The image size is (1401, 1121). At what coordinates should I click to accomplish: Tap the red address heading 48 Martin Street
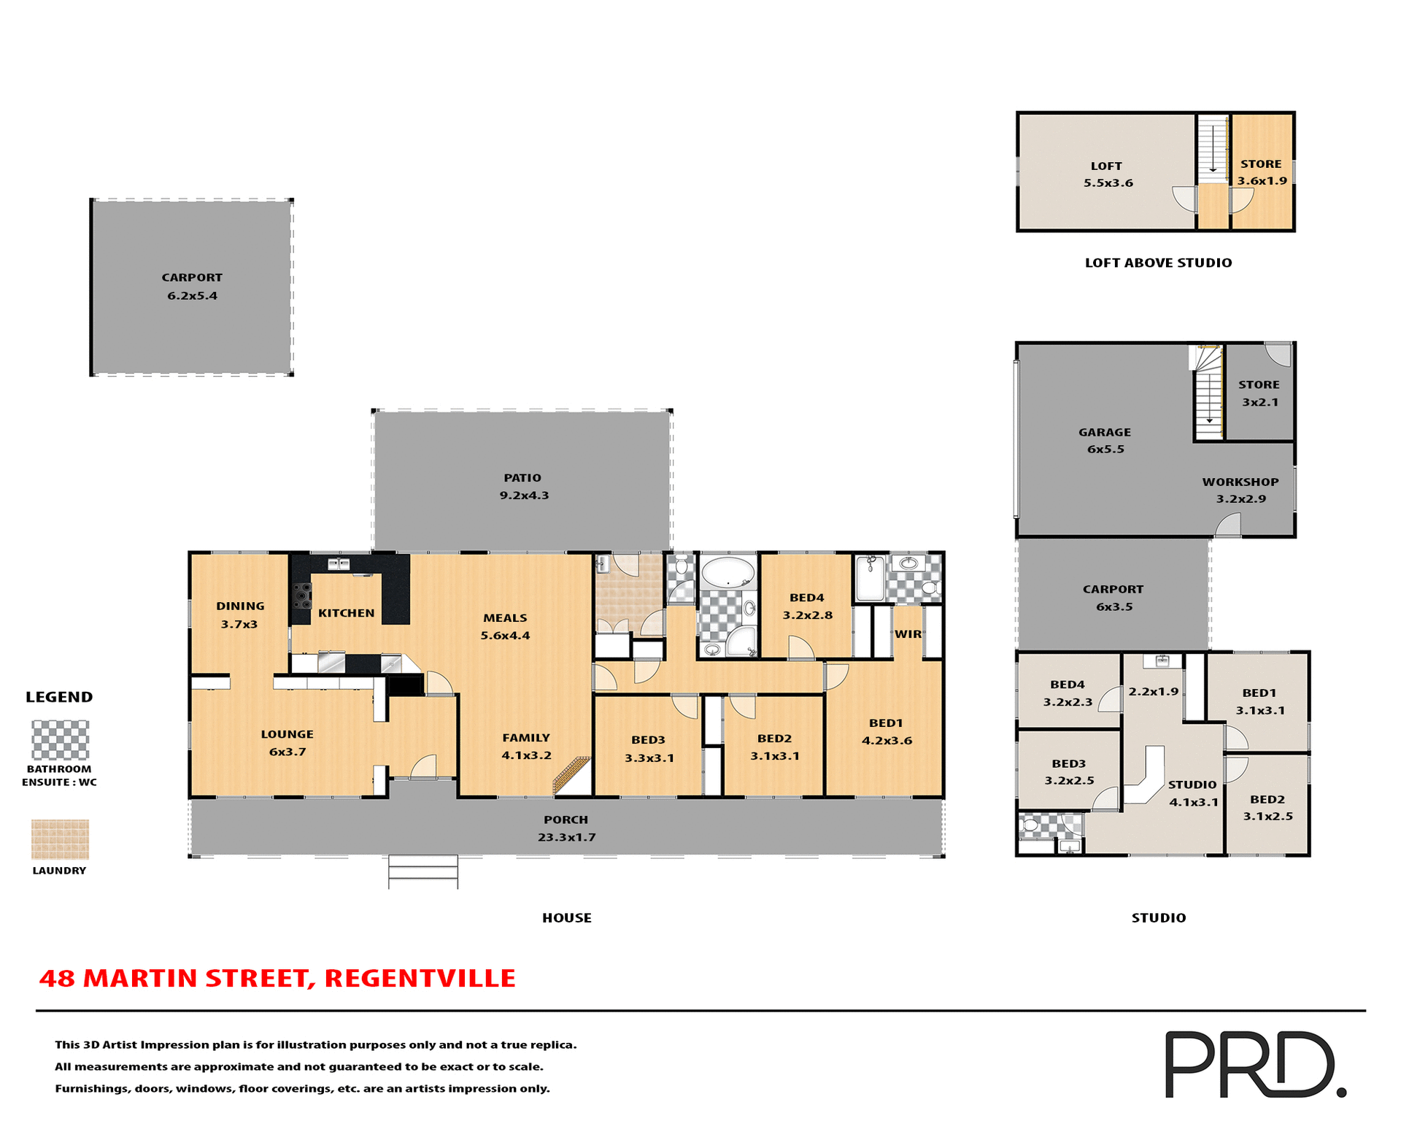coord(277,978)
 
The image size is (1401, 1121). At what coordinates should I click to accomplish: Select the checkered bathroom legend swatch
coord(60,739)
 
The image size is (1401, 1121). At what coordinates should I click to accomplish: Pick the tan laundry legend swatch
coord(60,839)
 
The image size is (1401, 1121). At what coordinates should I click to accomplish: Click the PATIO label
coord(522,478)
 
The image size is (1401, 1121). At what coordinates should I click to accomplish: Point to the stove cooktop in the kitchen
coord(301,596)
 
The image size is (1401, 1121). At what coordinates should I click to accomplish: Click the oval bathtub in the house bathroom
coord(727,573)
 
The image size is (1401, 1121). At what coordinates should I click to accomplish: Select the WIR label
coord(908,634)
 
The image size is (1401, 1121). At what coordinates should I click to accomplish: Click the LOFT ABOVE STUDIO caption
coord(1158,263)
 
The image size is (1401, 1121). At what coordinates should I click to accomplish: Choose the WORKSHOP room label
coord(1240,482)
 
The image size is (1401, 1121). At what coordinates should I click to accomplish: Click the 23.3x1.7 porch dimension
coord(567,837)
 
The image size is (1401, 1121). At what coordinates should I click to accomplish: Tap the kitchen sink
coord(338,563)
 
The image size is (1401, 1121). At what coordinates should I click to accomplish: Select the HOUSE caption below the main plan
coord(567,918)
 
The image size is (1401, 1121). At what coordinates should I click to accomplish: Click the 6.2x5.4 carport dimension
coord(193,296)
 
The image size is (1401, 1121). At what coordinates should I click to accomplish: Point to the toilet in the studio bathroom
coord(1030,825)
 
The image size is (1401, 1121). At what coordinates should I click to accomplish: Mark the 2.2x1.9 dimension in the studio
coord(1154,691)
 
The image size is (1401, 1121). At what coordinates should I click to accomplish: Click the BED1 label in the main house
coord(886,723)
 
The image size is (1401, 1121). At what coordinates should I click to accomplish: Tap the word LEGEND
coord(59,697)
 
